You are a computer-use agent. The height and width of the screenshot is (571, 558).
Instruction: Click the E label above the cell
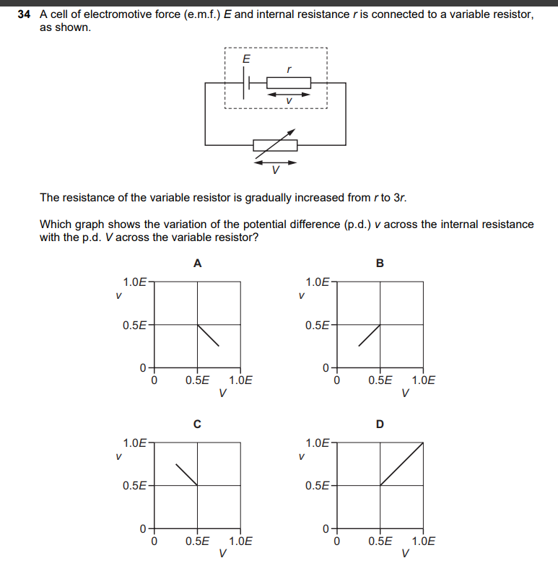point(246,59)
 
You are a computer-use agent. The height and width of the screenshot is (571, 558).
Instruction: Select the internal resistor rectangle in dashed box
point(289,82)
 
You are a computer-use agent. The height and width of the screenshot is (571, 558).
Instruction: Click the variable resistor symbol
point(275,145)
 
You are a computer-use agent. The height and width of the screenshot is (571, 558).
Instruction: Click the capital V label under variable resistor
point(275,172)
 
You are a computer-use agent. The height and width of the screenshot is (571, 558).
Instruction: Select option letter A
point(197,264)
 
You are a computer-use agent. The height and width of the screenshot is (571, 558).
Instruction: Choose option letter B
point(380,264)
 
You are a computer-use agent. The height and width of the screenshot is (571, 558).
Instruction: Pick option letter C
point(197,424)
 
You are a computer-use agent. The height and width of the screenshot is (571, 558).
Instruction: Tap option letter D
point(380,424)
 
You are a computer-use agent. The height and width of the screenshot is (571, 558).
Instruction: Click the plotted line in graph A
point(208,335)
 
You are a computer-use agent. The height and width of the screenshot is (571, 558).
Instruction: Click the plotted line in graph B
point(370,336)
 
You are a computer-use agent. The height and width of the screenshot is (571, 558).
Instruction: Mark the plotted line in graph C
point(187,474)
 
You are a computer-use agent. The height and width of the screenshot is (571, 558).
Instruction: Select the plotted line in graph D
point(401,463)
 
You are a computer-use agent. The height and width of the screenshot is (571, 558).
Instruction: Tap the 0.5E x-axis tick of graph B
point(380,380)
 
